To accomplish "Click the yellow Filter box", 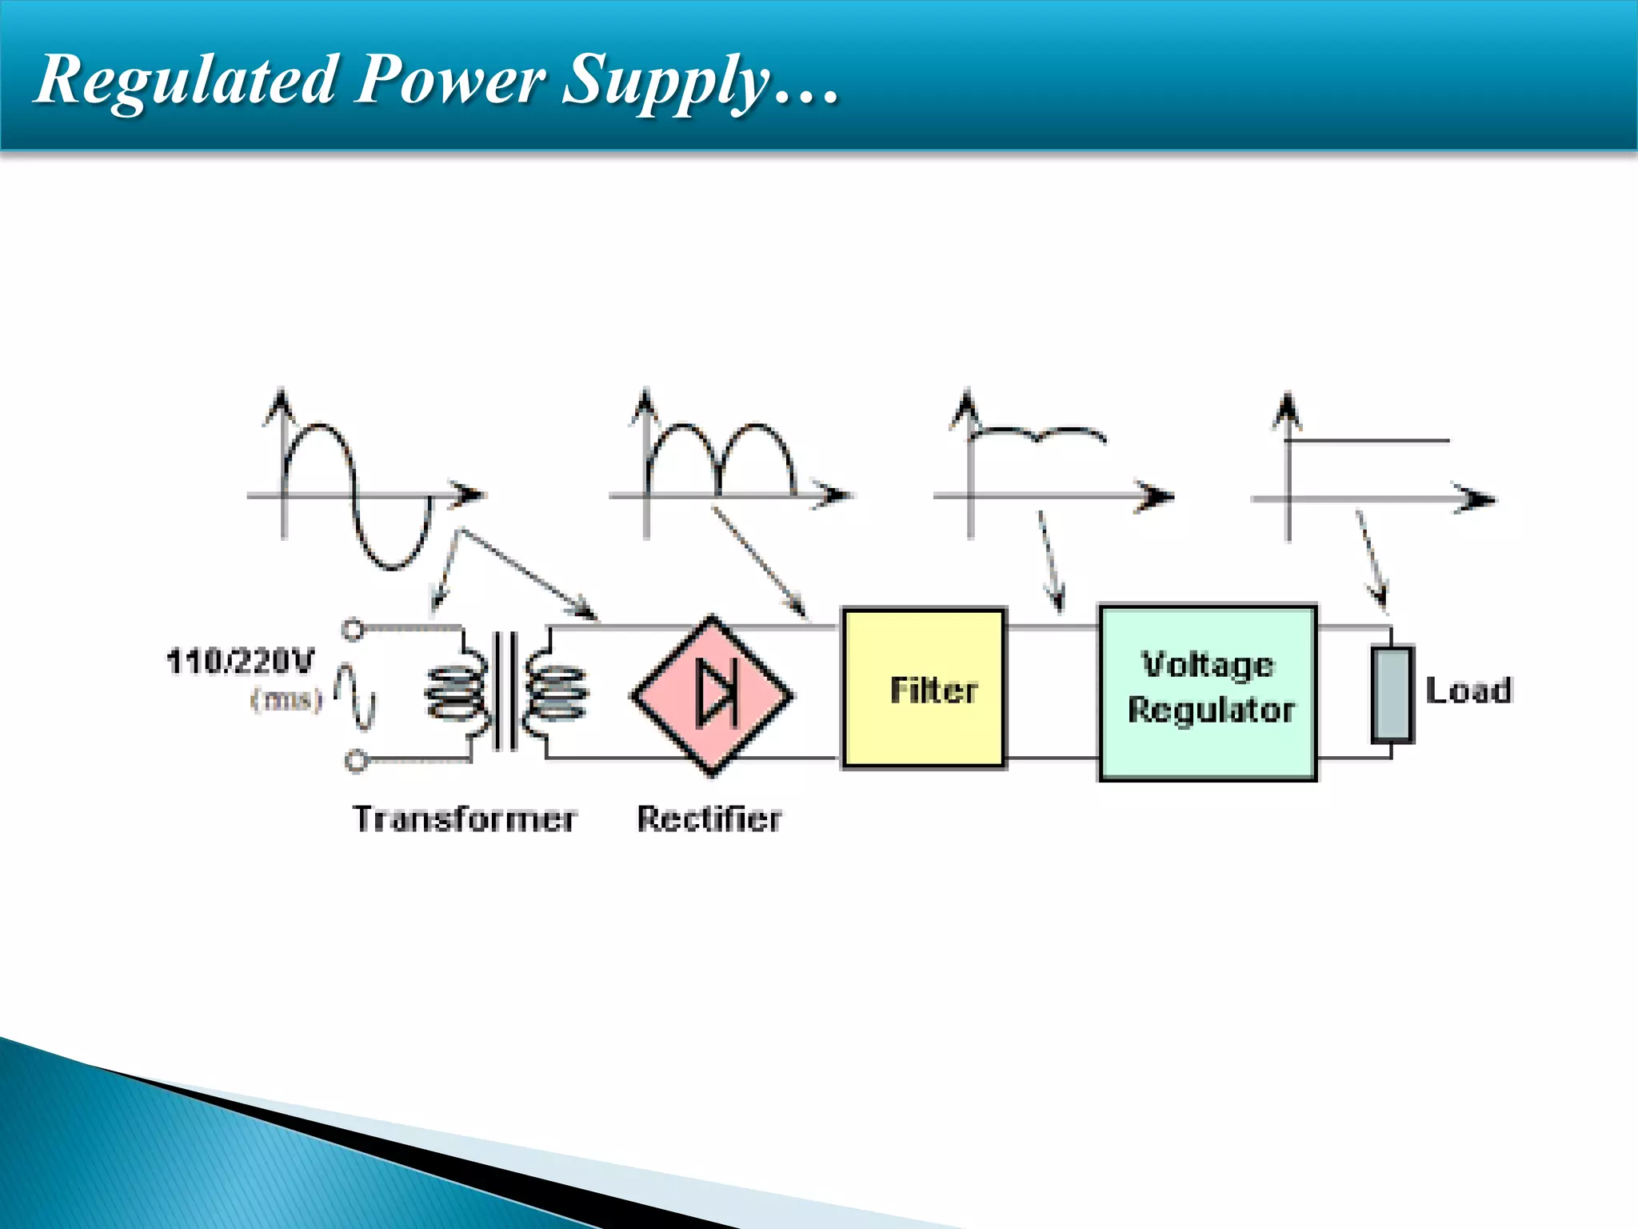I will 924,689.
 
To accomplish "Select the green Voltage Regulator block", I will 1208,692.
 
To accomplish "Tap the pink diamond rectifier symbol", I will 712,695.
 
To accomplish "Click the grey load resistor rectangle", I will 1392,695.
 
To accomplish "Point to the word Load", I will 1468,691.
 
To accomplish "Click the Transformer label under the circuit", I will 464,819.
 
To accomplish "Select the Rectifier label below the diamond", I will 709,819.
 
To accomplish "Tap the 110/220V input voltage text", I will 240,662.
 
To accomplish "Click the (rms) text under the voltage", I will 286,699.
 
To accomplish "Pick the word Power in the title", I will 449,80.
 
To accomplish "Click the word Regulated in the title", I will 186,80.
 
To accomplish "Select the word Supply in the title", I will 665,80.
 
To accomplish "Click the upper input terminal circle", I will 353,630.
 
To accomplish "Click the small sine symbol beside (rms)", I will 354,696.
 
